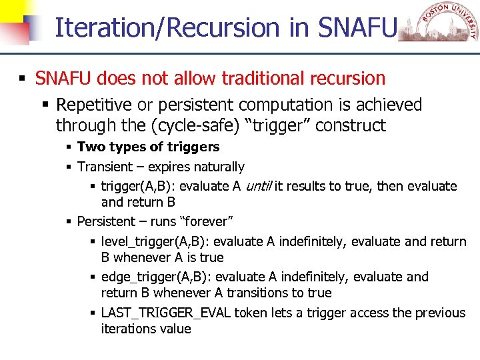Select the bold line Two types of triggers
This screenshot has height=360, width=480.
click(x=148, y=147)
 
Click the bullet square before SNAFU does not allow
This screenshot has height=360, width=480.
click(x=22, y=79)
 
